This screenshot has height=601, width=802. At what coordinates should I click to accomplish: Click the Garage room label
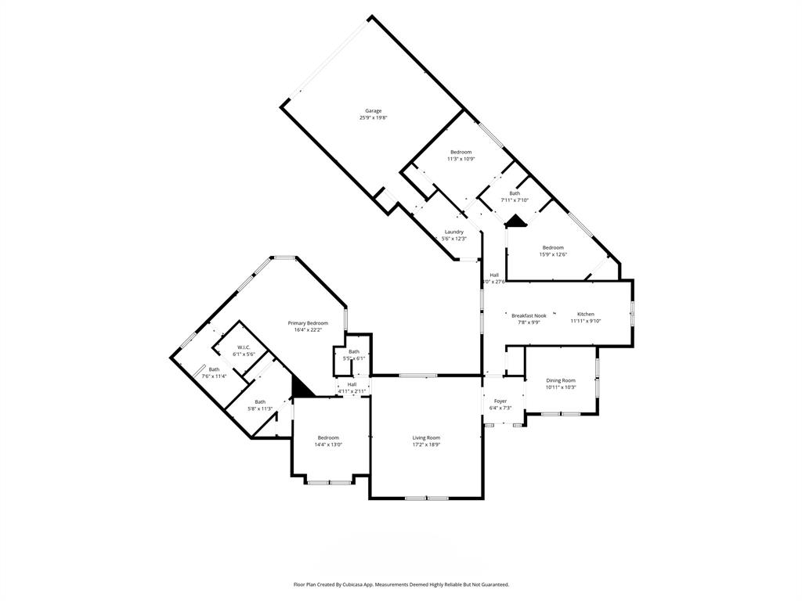(x=373, y=110)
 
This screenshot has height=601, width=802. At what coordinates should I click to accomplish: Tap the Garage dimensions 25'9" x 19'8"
(x=373, y=118)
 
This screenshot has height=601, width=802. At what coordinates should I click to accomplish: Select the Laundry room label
(x=453, y=232)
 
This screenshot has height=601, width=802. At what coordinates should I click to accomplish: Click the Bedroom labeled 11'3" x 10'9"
(x=461, y=152)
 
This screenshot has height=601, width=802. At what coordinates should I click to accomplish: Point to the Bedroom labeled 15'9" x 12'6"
(x=553, y=247)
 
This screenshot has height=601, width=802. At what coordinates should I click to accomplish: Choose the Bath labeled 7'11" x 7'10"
(x=515, y=193)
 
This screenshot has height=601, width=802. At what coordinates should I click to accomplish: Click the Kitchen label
(x=586, y=314)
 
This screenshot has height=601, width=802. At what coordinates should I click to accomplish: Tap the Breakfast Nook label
(x=529, y=315)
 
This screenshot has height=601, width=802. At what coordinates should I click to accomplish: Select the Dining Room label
(x=561, y=380)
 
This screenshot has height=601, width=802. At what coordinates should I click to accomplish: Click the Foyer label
(x=500, y=401)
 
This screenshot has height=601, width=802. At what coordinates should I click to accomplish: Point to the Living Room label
(x=427, y=437)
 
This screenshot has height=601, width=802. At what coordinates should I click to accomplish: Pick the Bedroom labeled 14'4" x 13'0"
(x=328, y=437)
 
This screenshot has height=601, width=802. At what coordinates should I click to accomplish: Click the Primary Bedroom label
(x=308, y=323)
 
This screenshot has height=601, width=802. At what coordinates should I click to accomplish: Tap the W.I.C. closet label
(x=244, y=347)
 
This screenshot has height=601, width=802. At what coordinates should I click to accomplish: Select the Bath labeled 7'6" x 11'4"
(x=214, y=369)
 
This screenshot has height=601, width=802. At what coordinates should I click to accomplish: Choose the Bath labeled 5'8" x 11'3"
(x=260, y=401)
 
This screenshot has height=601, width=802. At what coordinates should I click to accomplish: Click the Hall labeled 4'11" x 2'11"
(x=352, y=384)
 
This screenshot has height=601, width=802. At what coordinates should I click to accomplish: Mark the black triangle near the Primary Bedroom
(x=300, y=387)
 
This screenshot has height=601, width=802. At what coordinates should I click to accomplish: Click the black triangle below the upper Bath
(x=515, y=221)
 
